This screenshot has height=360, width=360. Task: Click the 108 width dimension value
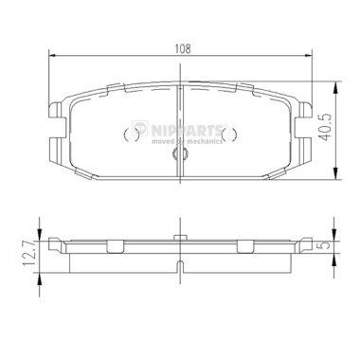183,48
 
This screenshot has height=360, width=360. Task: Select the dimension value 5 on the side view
327,244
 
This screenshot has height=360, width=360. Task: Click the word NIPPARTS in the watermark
188,130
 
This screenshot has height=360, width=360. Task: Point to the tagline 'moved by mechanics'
187,141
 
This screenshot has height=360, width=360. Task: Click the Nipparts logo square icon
140,129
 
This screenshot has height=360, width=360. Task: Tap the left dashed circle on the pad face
132,135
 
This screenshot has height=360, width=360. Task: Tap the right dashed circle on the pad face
229,135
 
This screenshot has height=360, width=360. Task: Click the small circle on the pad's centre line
180,154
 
